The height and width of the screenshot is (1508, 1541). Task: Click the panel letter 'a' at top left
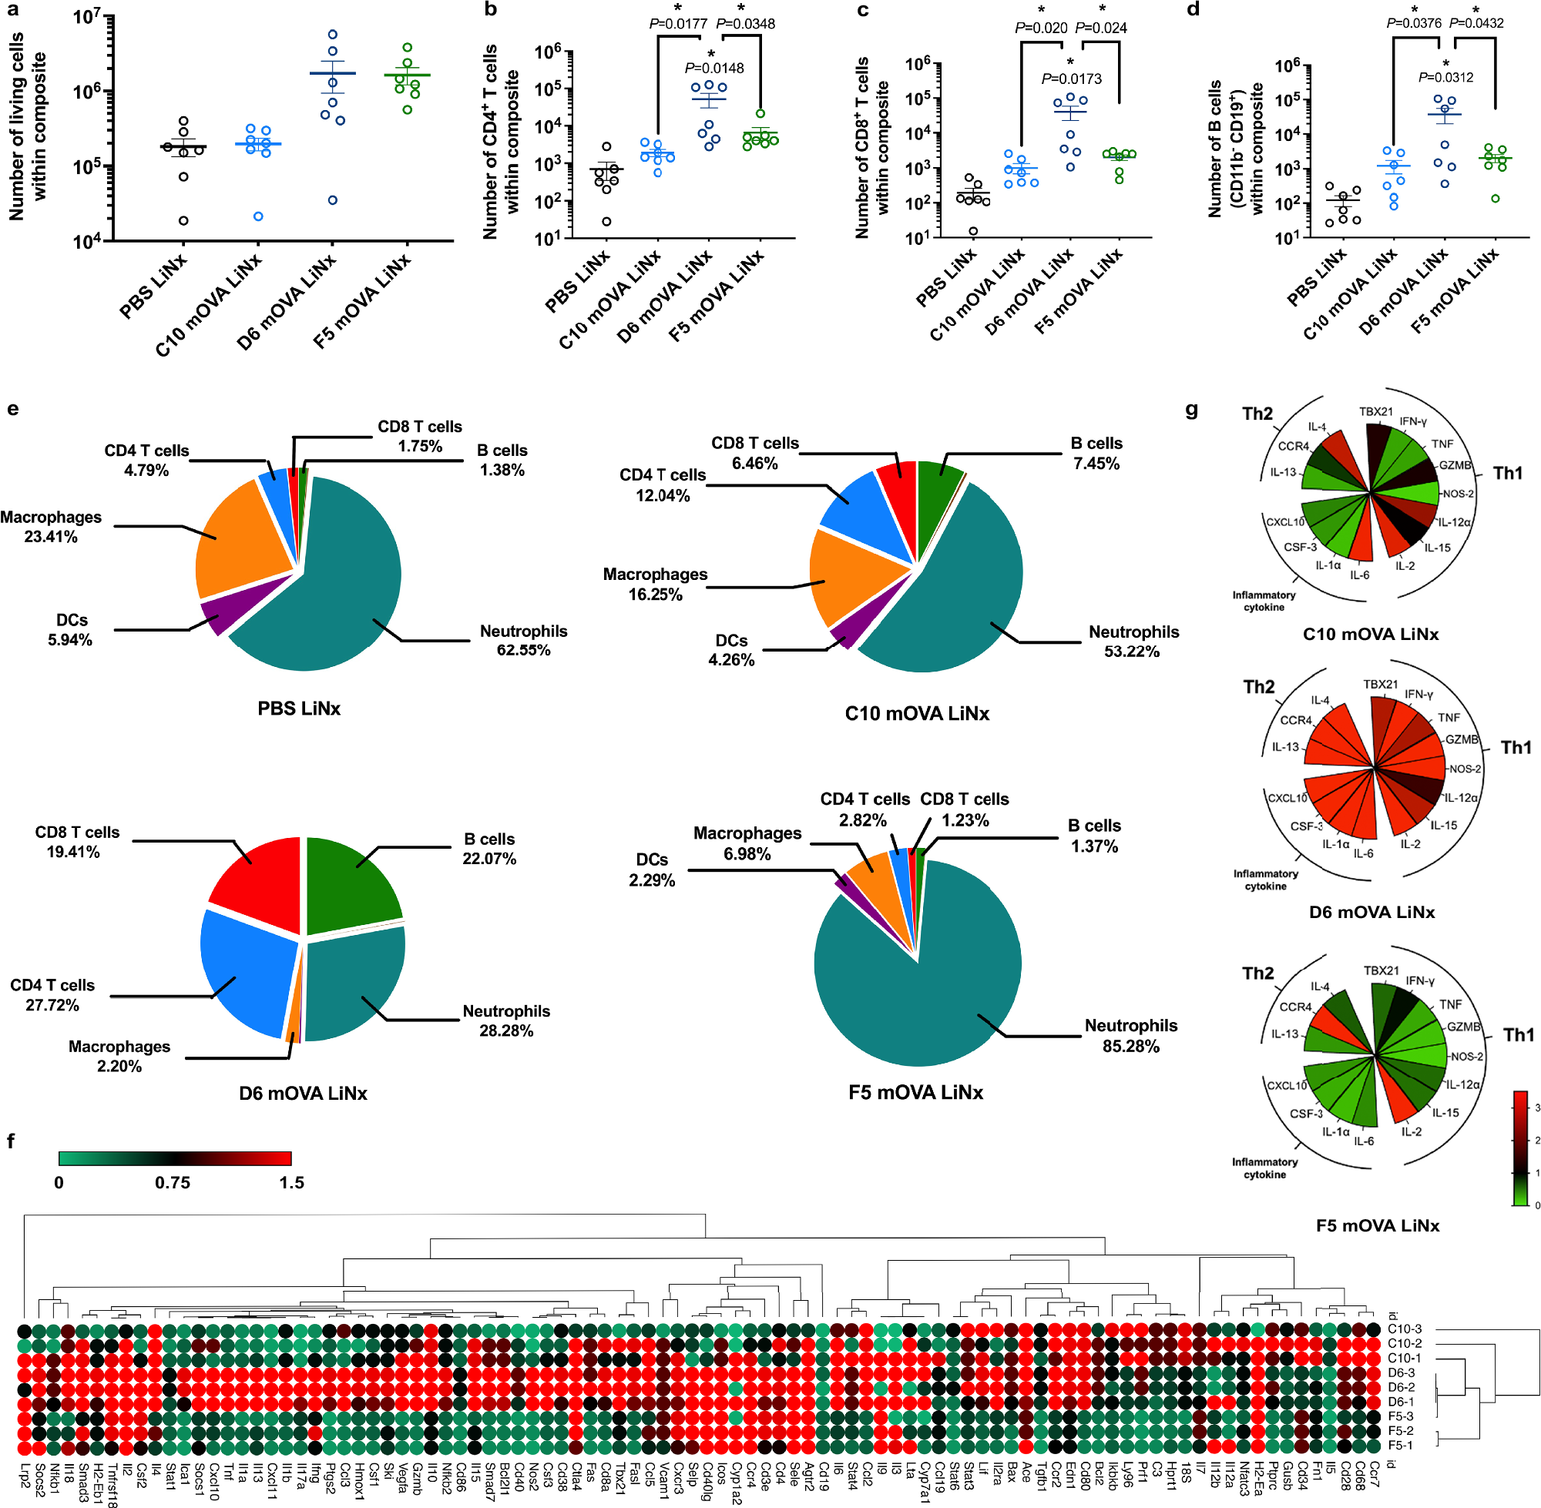pos(13,10)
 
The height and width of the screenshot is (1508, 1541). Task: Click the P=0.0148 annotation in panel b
pos(713,68)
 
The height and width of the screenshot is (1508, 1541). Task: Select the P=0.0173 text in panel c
pos(1071,79)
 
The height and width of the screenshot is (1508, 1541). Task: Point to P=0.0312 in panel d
pos(1445,77)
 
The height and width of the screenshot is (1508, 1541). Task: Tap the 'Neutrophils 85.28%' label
pos(1130,1036)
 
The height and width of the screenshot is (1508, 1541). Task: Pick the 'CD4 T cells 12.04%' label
pos(663,484)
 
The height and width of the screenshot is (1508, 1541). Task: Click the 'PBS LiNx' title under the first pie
pos(299,708)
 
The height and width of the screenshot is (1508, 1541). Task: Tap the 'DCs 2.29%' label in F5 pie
pos(651,870)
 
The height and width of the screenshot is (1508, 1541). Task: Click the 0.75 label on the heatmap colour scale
pos(172,1182)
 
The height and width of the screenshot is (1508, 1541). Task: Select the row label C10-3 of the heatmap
pos(1405,1329)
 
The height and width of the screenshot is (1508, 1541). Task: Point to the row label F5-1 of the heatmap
pos(1400,1445)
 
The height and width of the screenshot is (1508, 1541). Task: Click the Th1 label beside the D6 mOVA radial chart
pos(1516,747)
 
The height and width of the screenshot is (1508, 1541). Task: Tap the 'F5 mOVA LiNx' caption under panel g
pos(1377,1225)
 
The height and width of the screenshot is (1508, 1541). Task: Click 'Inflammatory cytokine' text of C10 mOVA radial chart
pos(1263,600)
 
